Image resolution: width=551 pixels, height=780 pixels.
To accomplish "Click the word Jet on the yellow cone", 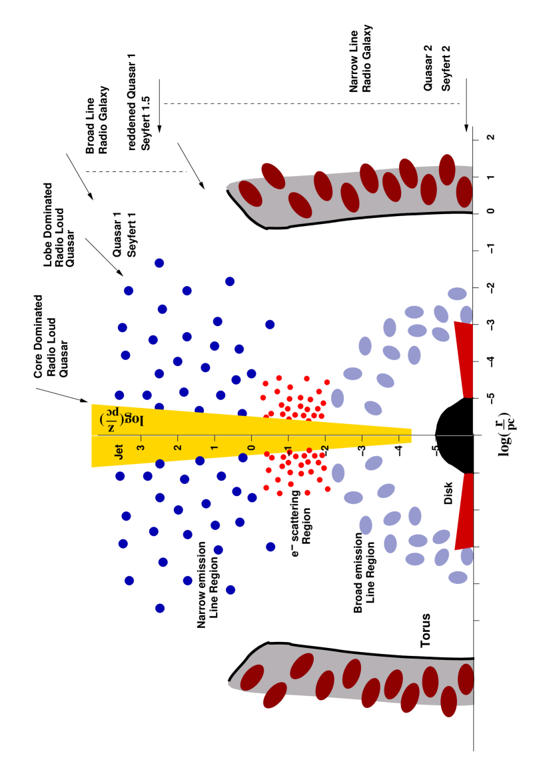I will (x=119, y=451).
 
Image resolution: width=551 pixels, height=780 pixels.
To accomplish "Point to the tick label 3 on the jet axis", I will (x=141, y=447).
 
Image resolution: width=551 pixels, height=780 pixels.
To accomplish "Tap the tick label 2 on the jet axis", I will (x=178, y=447).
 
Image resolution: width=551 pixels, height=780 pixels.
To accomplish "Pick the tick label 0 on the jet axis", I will (x=252, y=447).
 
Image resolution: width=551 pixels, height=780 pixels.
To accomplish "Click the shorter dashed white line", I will (x=137, y=171).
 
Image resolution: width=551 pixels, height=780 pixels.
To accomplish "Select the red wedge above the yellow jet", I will (x=465, y=360).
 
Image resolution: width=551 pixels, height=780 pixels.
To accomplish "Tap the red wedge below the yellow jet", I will (x=465, y=510).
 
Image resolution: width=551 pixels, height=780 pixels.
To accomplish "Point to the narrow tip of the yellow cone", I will (x=410, y=436).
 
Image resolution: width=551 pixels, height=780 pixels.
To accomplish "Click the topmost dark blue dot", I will (x=159, y=263).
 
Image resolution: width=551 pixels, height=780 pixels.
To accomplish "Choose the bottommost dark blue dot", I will (x=160, y=608).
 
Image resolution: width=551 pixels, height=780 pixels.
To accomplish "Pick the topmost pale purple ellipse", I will (x=457, y=294).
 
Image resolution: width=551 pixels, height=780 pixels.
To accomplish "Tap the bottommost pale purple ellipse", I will (x=458, y=577).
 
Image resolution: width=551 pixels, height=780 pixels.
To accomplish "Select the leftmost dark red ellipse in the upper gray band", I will (x=251, y=193).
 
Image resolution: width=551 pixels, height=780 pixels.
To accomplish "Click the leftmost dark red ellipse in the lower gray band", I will (x=252, y=677).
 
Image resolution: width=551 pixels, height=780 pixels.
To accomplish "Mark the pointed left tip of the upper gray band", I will (x=228, y=187).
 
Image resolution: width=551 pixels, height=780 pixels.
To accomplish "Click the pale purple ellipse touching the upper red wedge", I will (x=466, y=315).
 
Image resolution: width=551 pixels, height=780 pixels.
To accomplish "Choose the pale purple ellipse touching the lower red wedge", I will (x=467, y=556).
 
